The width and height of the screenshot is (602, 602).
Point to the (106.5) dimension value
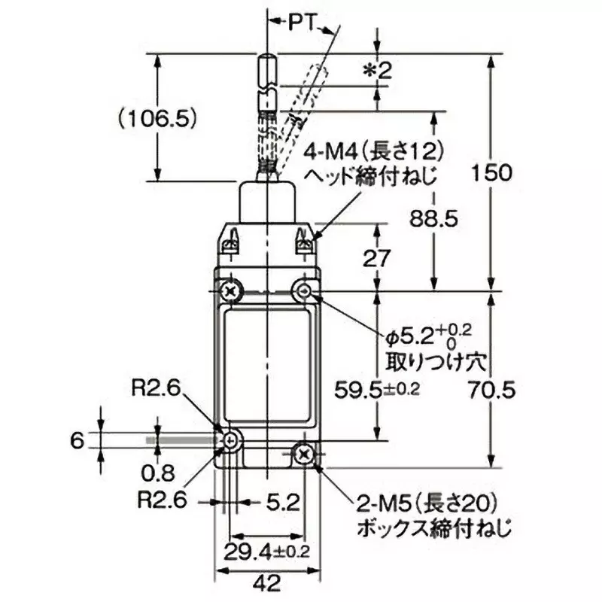click(x=157, y=118)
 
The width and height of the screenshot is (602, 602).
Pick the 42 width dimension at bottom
click(x=268, y=582)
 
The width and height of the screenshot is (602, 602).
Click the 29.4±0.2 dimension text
click(x=268, y=551)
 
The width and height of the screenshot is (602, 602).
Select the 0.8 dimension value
click(x=157, y=473)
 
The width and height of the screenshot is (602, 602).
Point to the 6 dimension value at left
click(x=75, y=440)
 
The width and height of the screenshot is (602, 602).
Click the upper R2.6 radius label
click(x=154, y=388)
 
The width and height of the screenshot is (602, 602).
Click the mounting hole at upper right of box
click(x=304, y=290)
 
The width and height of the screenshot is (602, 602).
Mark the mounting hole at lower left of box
click(x=231, y=441)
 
